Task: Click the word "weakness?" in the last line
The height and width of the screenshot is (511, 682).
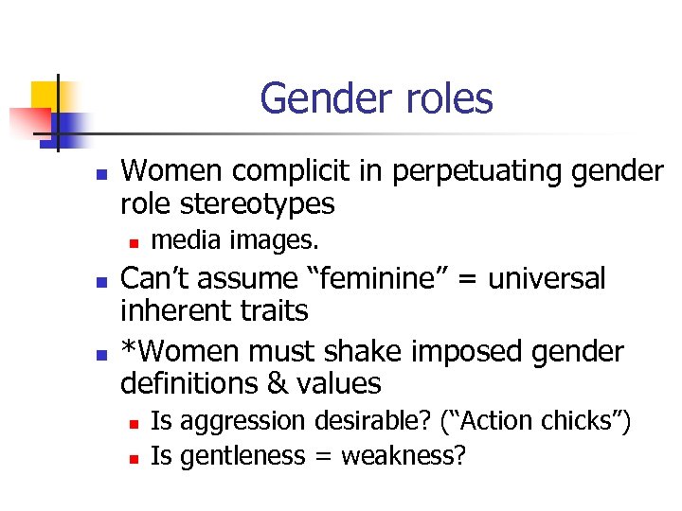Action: pos(404,456)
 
